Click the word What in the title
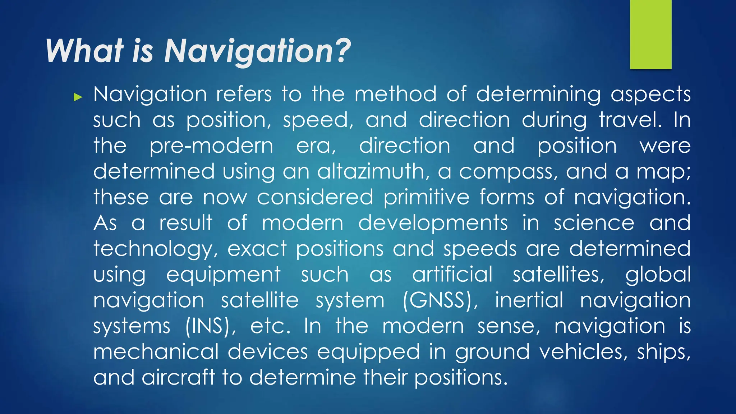tap(85, 51)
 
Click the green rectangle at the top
tap(650, 34)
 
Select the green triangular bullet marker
tap(78, 97)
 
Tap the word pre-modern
tap(211, 146)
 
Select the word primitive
tap(427, 198)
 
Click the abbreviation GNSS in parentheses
tap(440, 300)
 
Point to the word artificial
tap(452, 275)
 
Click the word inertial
tap(529, 300)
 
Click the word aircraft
tap(178, 377)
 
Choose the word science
tap(594, 223)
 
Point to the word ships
tap(663, 352)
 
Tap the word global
tap(658, 275)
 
